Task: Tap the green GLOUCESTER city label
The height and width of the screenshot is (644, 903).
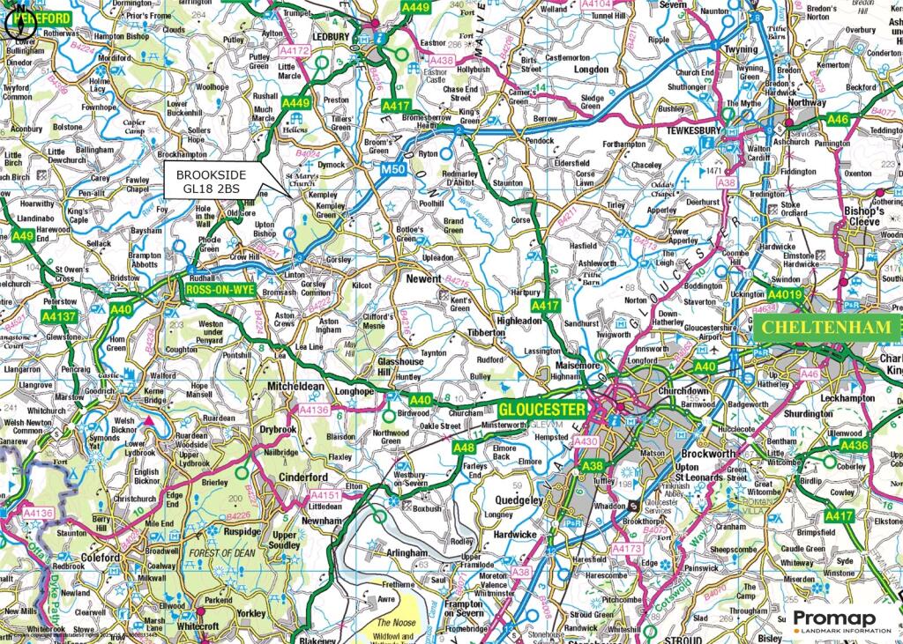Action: point(541,411)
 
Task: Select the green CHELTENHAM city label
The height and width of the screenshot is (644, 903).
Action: point(827,327)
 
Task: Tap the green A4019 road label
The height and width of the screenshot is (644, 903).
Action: point(784,294)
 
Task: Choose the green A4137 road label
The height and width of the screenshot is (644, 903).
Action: point(60,315)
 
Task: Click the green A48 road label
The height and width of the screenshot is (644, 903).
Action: point(464,448)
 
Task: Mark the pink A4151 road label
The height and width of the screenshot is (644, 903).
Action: point(324,496)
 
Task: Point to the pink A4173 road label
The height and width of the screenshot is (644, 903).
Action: point(626,549)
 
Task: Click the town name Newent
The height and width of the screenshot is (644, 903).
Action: point(423,278)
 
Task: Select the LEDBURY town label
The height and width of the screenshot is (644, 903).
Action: point(333,37)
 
